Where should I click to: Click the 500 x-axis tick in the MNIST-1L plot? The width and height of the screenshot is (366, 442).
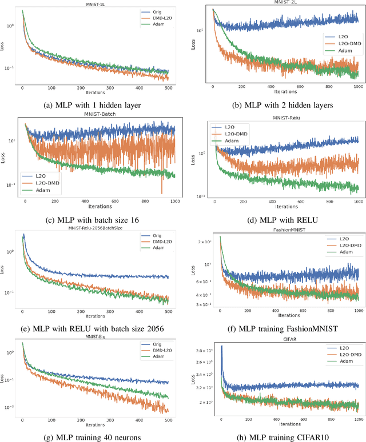point(168,88)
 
